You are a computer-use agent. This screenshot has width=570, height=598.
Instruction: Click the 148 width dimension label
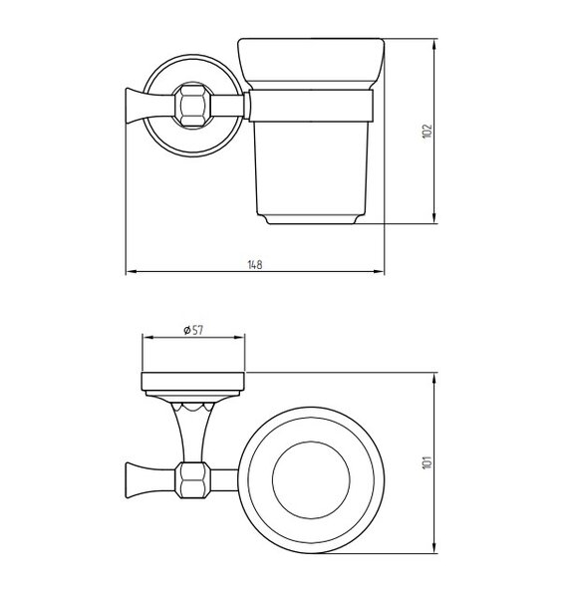coord(255,264)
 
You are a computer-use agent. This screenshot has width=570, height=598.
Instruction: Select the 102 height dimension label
coord(427,132)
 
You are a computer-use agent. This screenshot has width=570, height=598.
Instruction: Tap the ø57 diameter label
coord(193,330)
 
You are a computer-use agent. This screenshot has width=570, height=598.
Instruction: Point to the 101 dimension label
coord(427,462)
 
